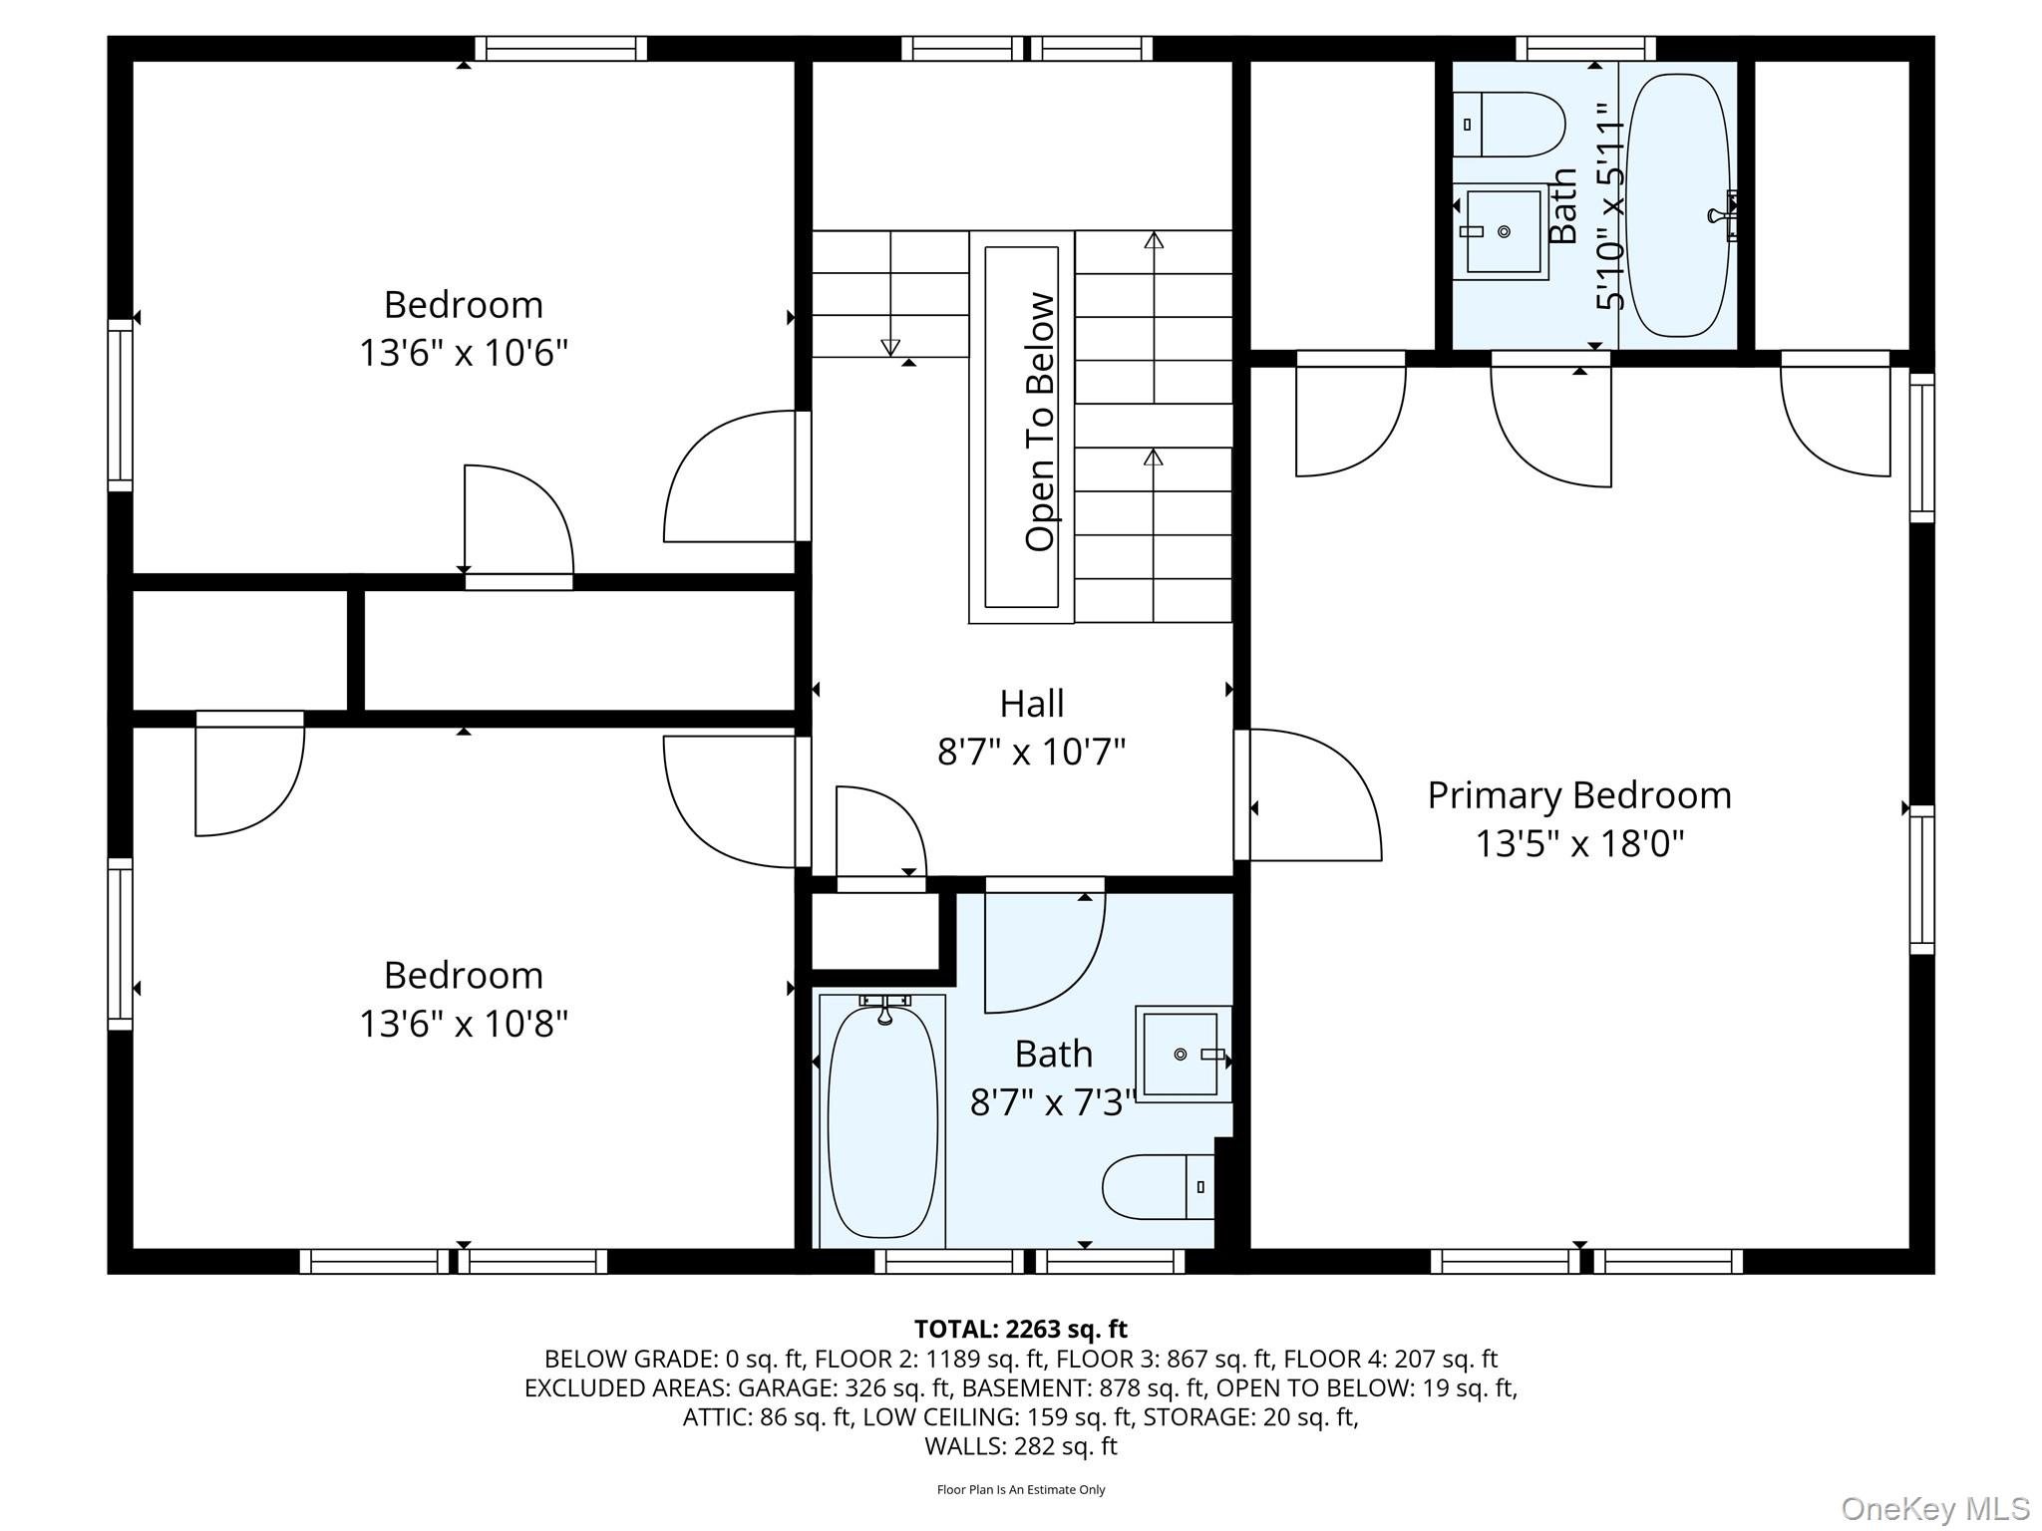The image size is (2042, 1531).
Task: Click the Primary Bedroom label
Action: coord(1578,795)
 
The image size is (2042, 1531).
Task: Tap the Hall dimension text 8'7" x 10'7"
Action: coord(1031,752)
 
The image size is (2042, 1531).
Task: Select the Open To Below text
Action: coord(1039,422)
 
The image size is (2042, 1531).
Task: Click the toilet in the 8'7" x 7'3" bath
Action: coord(1157,1186)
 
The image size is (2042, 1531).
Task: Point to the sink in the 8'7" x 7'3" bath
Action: coord(1182,1054)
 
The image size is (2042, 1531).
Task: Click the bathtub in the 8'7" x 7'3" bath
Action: coord(882,1121)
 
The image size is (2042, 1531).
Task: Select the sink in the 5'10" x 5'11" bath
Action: coord(1501,231)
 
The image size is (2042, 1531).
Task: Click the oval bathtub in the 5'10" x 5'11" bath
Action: coord(1678,204)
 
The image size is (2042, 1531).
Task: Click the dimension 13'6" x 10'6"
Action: coord(464,353)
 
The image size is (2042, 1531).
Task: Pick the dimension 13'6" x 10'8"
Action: coord(464,1024)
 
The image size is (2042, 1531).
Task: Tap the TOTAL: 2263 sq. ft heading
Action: coord(1020,1329)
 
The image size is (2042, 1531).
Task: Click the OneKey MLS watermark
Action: coord(1934,1509)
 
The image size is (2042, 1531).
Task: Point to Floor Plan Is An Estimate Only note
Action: coord(1020,1490)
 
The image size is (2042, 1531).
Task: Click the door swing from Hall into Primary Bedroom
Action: coord(1316,797)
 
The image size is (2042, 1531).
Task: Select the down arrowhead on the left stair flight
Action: coord(890,347)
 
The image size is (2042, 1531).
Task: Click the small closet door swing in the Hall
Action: coord(877,832)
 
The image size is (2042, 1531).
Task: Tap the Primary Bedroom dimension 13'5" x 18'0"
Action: coord(1578,844)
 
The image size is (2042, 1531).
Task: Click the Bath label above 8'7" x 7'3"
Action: coord(1053,1054)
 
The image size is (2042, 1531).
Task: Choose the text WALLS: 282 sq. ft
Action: coord(1020,1446)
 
